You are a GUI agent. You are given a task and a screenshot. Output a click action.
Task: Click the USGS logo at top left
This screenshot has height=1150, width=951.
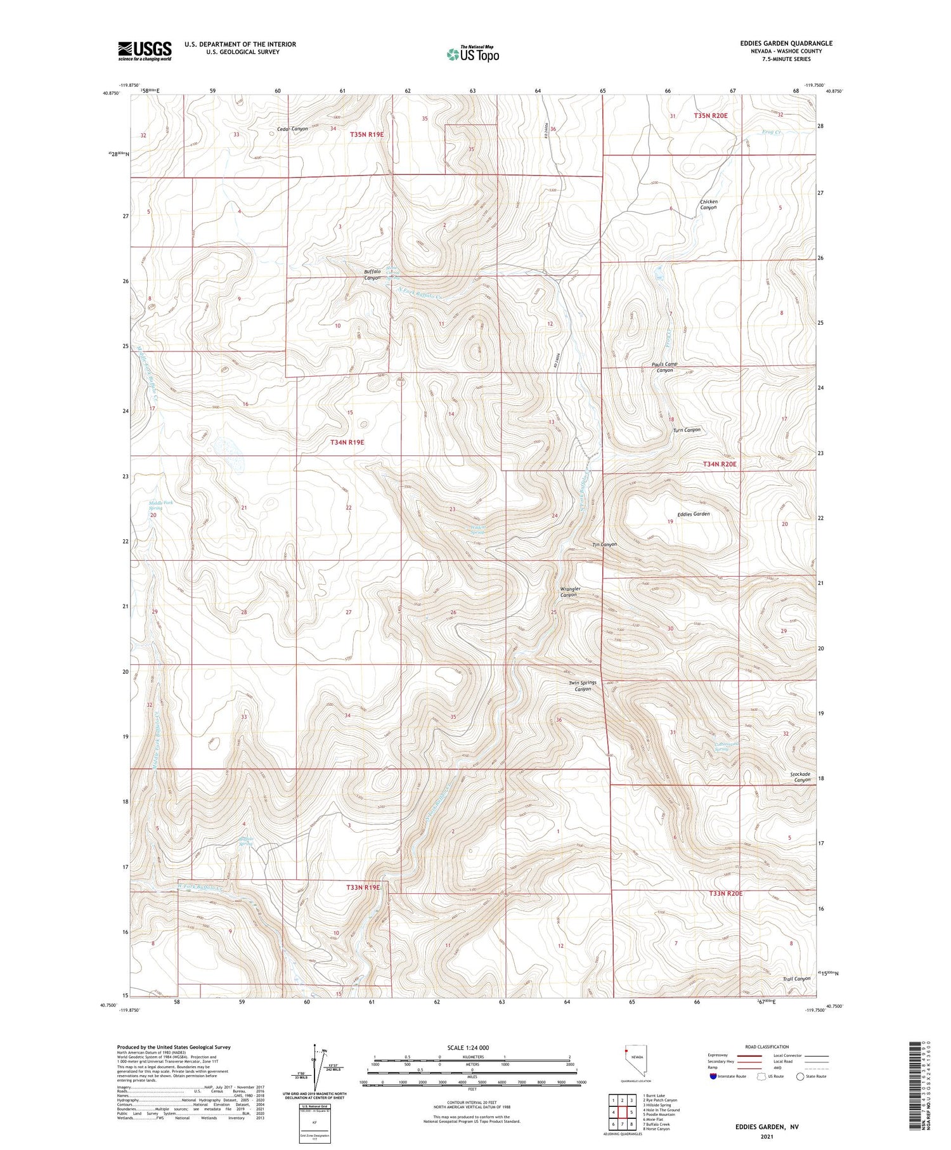click(x=145, y=51)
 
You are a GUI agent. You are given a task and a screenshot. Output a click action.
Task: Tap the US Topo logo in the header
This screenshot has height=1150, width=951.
click(x=472, y=54)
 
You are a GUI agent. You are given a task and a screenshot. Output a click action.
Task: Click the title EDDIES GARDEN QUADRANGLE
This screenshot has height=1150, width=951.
click(x=786, y=43)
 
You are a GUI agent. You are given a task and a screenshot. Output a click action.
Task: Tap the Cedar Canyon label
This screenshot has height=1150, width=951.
click(x=292, y=129)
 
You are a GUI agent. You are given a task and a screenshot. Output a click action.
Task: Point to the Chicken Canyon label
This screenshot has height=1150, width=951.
click(x=708, y=204)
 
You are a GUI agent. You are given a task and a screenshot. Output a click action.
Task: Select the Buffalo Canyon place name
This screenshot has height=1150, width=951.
click(x=372, y=275)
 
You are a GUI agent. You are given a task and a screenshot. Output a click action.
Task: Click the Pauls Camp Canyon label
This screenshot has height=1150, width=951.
click(x=664, y=367)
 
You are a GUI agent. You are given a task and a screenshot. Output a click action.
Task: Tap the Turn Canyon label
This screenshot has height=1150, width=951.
click(x=687, y=429)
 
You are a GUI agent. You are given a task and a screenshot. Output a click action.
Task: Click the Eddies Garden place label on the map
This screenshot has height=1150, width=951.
click(x=693, y=513)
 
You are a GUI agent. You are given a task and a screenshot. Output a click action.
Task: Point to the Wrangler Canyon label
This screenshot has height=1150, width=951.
click(x=569, y=592)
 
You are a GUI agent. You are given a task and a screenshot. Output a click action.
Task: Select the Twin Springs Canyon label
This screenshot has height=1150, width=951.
click(x=582, y=686)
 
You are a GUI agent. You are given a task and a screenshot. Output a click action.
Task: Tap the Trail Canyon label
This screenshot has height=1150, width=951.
click(x=796, y=978)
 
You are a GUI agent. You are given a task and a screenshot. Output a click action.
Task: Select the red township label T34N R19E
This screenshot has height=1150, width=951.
click(x=347, y=441)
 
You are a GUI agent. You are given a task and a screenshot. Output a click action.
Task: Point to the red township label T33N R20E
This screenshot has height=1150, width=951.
click(x=725, y=893)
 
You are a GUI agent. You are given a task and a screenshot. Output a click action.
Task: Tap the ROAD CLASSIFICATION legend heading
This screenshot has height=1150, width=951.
click(x=767, y=1047)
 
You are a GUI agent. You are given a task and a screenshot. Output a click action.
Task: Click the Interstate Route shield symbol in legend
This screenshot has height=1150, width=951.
click(x=713, y=1076)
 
